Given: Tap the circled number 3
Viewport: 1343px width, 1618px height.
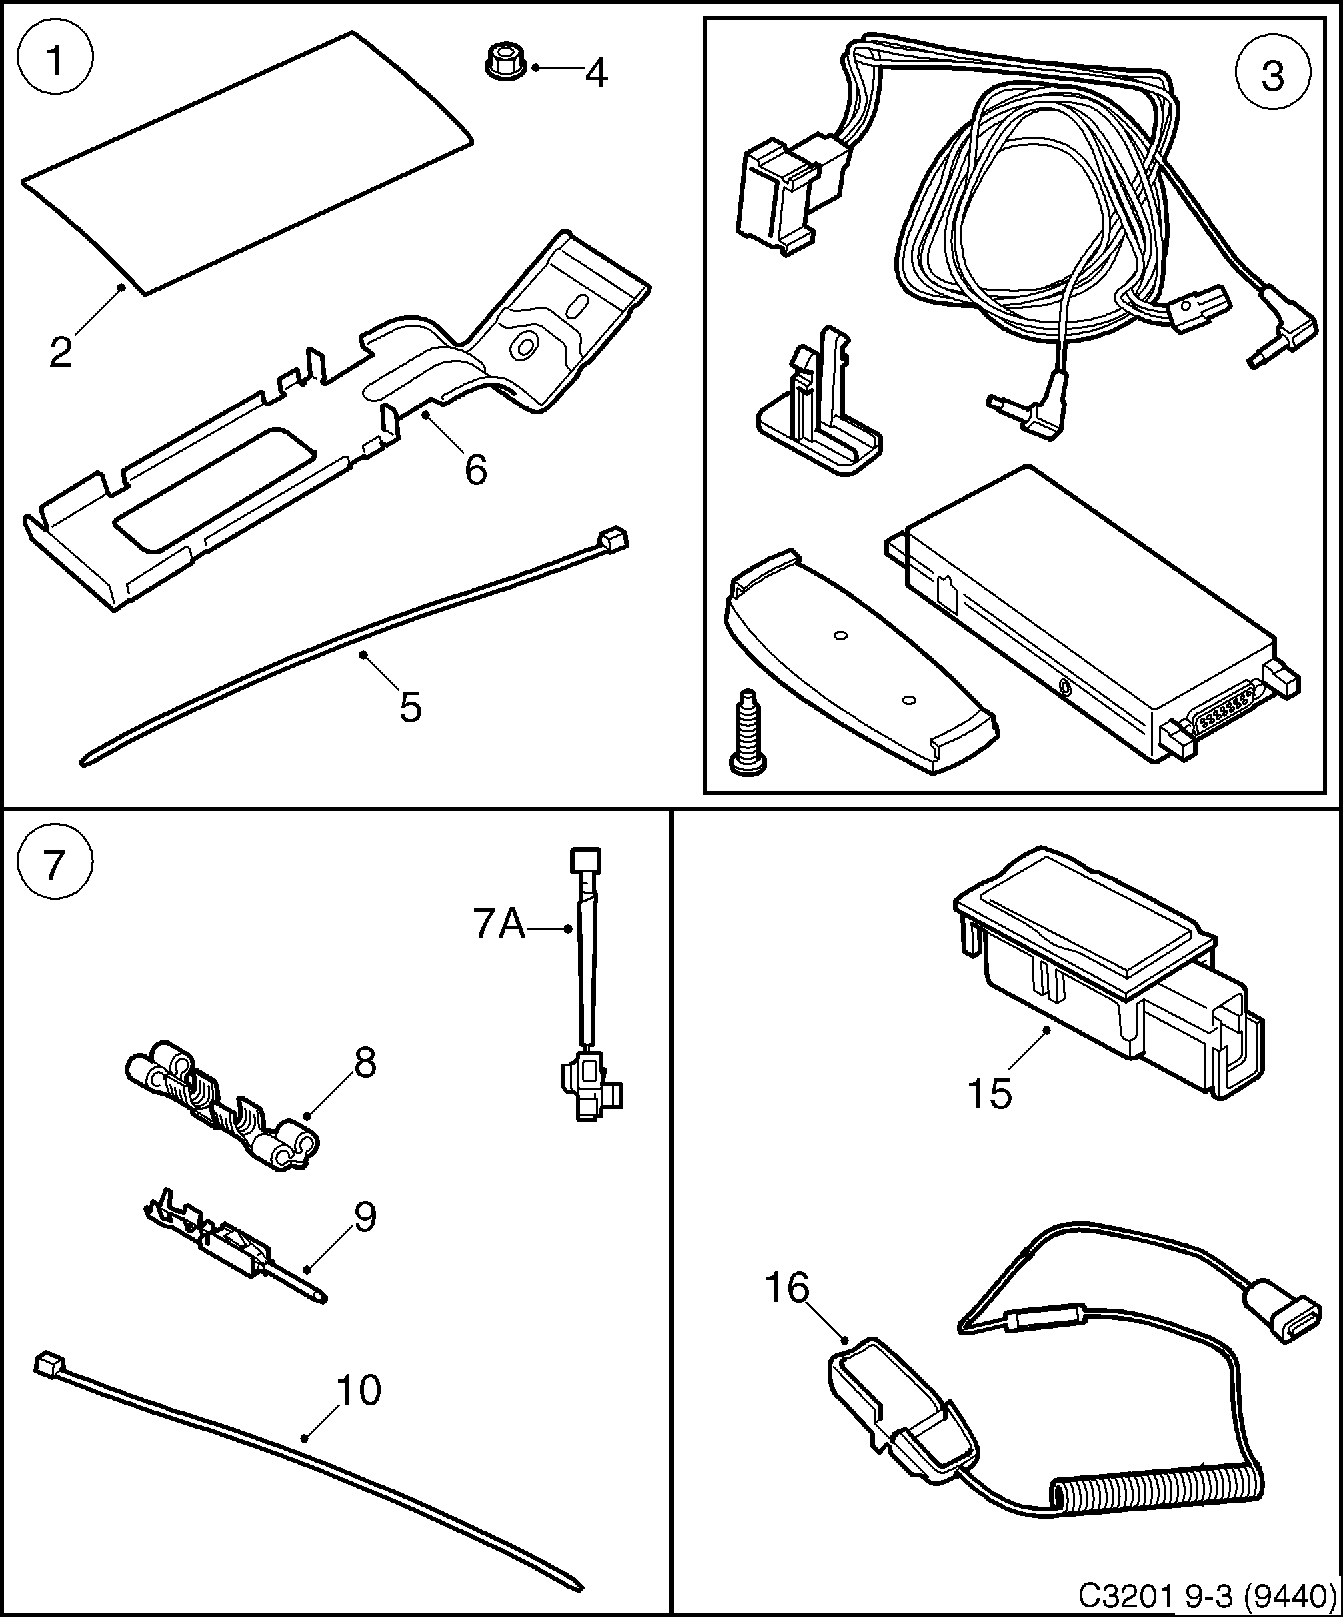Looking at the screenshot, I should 1272,76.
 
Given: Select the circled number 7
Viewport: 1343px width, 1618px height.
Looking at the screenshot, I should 54,865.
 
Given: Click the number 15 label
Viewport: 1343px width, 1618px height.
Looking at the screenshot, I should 989,1094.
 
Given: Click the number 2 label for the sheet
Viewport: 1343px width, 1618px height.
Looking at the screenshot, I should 60,352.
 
